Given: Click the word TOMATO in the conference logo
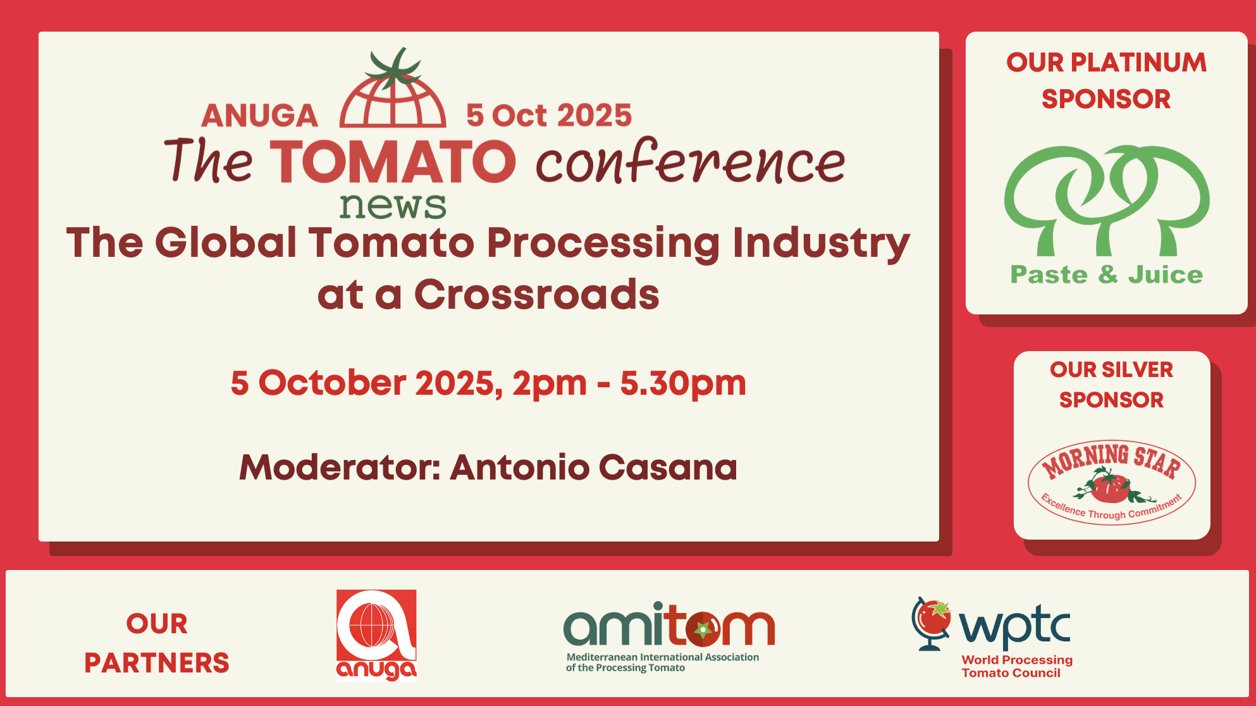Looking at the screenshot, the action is pos(393,161).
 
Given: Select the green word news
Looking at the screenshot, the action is pos(393,205).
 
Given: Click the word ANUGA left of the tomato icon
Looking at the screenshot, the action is pos(259,116).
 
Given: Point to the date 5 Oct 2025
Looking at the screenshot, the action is pos(549,116).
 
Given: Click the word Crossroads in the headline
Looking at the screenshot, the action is pos(536,295).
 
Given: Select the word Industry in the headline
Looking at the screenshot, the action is pos(821,244).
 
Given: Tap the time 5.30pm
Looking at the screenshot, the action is pos(683,384).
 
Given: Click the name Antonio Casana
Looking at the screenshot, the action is pos(594,468).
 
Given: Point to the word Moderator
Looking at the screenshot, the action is pos(339,468).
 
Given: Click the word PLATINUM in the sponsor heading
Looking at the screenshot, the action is pos(1138,63).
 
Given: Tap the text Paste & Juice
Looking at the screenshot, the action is pos(1107,275).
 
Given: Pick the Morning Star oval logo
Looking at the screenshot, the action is pos(1112,482).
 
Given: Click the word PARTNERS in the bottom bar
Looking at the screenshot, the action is pos(157,663).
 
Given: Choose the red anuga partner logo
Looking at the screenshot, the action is pos(376,635).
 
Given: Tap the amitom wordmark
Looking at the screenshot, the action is pos(669,624).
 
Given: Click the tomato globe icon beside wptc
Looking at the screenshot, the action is pos(932,624).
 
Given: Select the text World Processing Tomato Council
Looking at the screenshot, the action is pos(1017,666).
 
